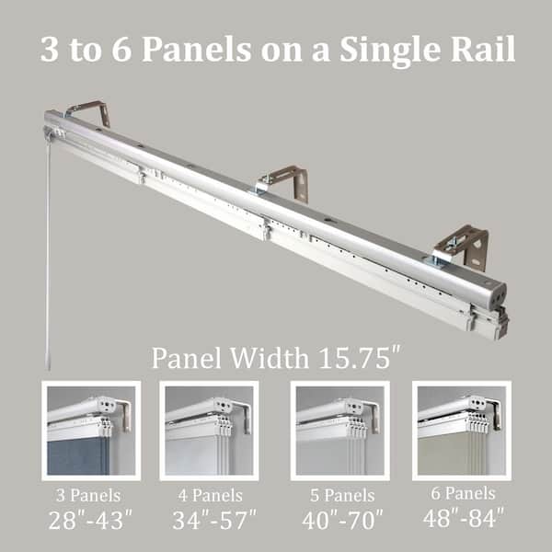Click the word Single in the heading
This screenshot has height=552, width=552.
[390, 50]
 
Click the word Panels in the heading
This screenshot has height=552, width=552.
[197, 50]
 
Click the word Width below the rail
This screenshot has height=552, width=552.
[270, 358]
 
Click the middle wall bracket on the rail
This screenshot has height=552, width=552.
[283, 182]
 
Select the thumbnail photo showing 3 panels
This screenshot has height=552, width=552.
[91, 431]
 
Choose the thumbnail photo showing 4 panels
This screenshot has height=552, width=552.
[209, 431]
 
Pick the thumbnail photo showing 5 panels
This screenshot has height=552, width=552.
[340, 431]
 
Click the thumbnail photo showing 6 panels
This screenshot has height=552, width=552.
[462, 431]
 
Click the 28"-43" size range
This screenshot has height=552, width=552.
[90, 520]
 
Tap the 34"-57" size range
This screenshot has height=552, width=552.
[214, 520]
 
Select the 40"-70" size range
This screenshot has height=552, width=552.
[342, 520]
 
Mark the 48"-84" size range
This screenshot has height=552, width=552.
[464, 517]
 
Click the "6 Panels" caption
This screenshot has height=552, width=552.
[464, 493]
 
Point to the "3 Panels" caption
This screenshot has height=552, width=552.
[88, 496]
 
